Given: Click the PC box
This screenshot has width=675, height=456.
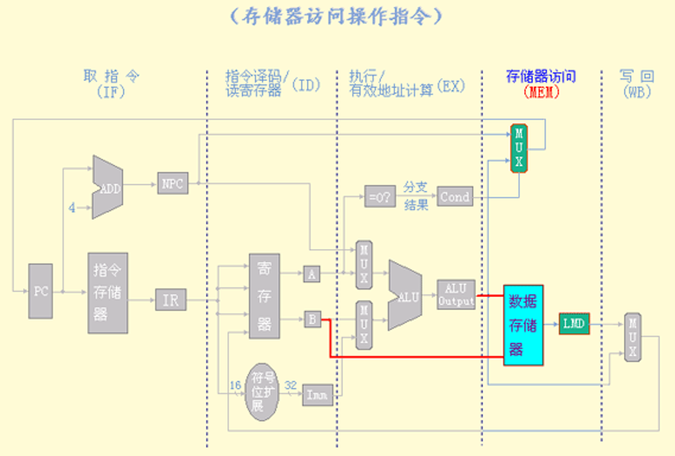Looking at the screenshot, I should coord(41,291).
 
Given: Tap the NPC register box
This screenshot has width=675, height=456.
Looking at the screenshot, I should coord(172,184).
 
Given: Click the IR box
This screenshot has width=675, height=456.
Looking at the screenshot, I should coord(170,299).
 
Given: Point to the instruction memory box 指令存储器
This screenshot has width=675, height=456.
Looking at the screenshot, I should coord(108,293).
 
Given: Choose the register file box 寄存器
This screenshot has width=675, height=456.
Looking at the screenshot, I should coord(264,296).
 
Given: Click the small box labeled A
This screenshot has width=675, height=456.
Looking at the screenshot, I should coord(312,274).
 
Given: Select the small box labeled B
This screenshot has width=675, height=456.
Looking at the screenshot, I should coord(313,319).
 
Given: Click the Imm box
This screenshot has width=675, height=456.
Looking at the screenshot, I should coord(317,395).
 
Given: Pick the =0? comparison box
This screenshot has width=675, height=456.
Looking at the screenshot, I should coord(379,196).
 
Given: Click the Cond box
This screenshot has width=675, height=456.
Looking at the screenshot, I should coord(454,197).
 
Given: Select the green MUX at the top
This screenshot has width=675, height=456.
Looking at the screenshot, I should coord(519,148).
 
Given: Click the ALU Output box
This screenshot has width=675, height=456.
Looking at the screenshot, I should coord(456,295).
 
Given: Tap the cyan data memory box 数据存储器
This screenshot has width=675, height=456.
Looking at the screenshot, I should coord(523,325).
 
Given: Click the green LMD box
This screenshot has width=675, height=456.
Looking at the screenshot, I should coord(574,323).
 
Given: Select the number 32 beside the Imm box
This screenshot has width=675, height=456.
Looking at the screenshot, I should coord(291,385).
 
